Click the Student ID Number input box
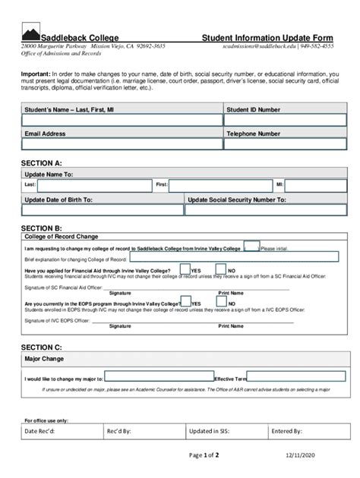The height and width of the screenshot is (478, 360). tap(279, 121)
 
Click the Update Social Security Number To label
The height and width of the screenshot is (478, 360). tap(237, 200)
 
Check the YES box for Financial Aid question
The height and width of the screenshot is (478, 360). tap(185, 269)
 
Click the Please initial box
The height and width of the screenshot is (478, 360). tap(251, 247)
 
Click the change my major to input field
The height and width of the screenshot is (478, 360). tap(159, 376)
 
